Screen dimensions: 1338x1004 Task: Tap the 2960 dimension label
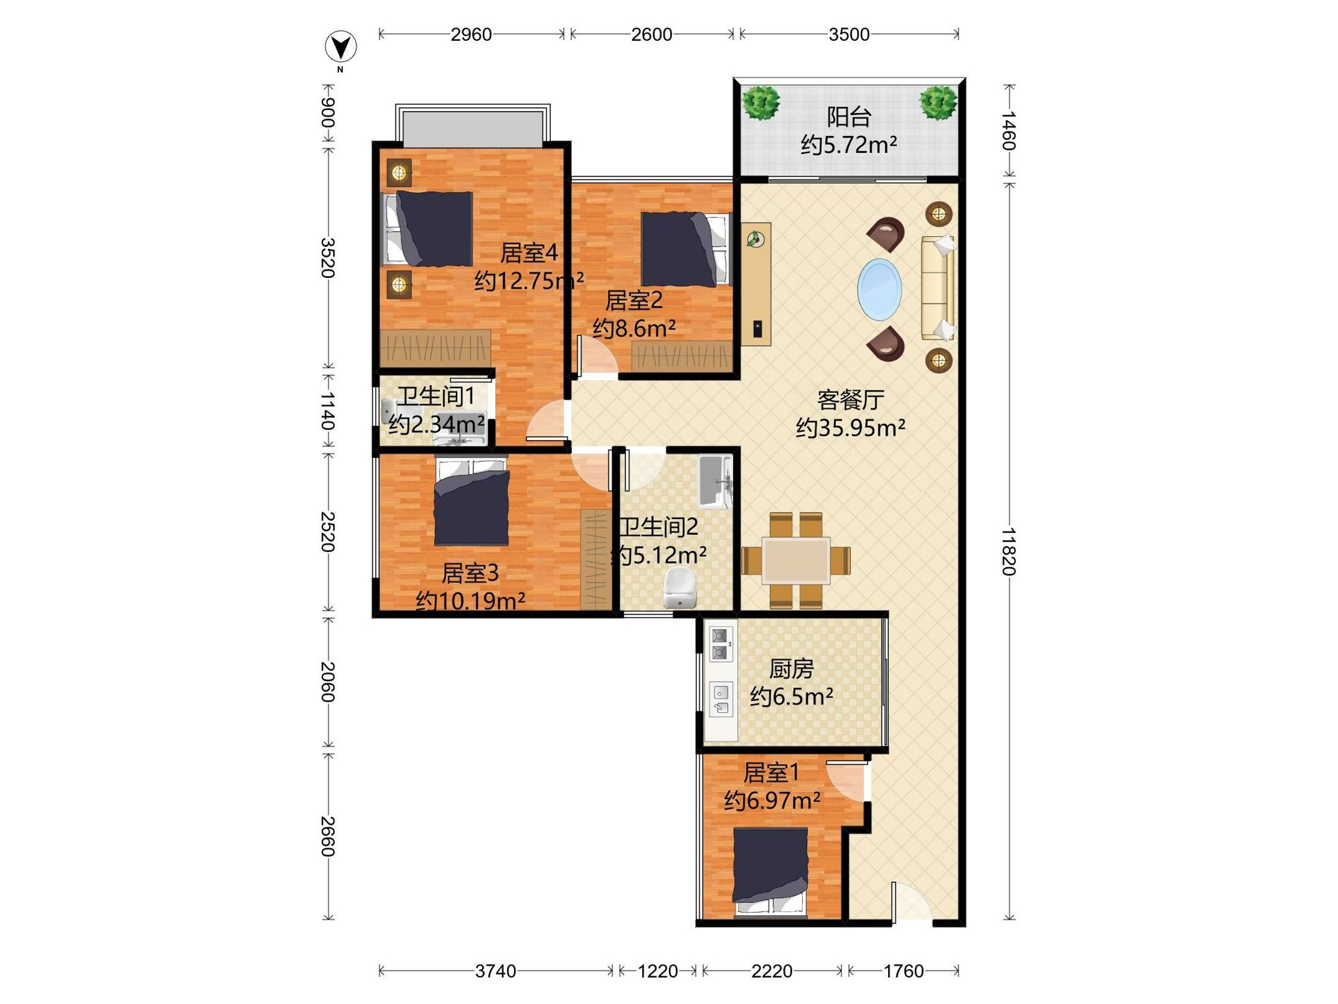[471, 35]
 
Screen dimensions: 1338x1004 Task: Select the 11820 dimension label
[1009, 551]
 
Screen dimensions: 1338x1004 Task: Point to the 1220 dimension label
[657, 971]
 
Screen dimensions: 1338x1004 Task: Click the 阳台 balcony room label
[849, 117]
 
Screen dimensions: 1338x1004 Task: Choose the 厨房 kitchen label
[791, 669]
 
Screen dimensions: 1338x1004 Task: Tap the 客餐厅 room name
[850, 400]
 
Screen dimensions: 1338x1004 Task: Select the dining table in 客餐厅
[796, 561]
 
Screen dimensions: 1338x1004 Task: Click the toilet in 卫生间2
[680, 587]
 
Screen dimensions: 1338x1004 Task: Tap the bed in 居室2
[686, 249]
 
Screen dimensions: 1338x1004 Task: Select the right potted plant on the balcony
[939, 102]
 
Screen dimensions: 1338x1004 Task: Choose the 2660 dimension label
[327, 837]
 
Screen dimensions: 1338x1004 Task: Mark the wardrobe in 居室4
[435, 349]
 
